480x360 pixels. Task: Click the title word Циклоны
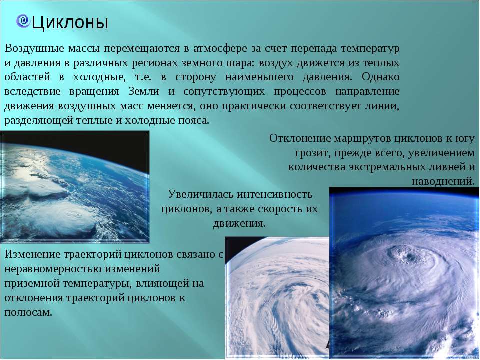[70, 23]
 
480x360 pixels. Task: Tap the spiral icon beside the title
[22, 21]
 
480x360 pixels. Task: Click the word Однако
[381, 77]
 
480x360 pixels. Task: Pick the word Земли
[144, 91]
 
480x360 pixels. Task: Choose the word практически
[254, 106]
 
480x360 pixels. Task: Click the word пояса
[194, 120]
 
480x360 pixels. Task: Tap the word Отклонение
[300, 138]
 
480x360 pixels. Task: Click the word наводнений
[443, 182]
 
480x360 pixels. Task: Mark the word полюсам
[28, 312]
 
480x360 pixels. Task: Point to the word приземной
[32, 284]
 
